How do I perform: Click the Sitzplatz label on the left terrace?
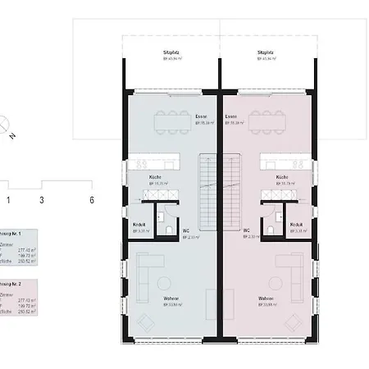tap(171, 52)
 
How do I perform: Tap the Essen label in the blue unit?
tap(202, 117)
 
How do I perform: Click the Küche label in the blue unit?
tap(155, 177)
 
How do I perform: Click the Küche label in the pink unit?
tap(281, 177)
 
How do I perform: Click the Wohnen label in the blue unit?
tap(171, 298)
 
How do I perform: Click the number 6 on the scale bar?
tap(92, 199)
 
